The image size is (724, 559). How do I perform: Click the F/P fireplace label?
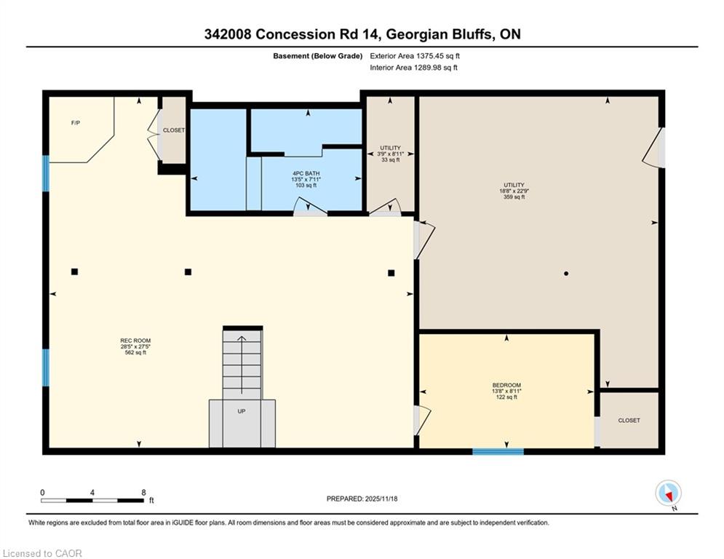[x=76, y=123]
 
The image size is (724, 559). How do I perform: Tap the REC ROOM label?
[x=136, y=341]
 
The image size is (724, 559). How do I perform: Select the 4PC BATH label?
[x=306, y=173]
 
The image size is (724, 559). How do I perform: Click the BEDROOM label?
[x=506, y=385]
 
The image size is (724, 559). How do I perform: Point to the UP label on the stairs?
[x=242, y=411]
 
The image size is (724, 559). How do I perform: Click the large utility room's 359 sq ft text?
[x=514, y=197]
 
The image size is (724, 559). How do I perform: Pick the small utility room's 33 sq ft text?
[x=391, y=160]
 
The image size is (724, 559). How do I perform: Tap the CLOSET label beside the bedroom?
[x=629, y=421]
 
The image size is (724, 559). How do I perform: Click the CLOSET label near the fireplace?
[x=174, y=130]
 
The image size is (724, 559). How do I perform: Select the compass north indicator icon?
[x=668, y=493]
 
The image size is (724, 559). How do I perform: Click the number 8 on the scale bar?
[x=144, y=493]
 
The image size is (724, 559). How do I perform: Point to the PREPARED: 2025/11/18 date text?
[x=362, y=499]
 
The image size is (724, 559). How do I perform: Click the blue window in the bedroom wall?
[x=498, y=451]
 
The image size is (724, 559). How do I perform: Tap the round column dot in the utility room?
[x=566, y=274]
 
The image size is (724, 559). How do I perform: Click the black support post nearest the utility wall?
[x=391, y=273]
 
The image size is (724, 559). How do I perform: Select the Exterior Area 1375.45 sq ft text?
[x=415, y=56]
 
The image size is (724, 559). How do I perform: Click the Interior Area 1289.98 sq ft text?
[x=414, y=68]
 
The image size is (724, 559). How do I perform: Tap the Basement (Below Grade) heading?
[x=318, y=56]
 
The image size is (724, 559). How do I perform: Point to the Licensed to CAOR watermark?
[x=42, y=553]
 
